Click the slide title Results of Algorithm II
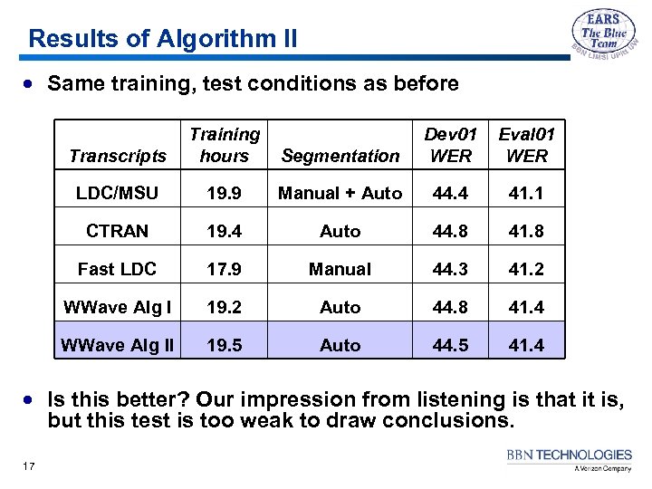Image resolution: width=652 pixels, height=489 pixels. tap(162, 39)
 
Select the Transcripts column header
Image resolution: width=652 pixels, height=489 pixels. tap(118, 156)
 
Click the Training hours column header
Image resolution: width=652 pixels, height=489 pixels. tap(225, 145)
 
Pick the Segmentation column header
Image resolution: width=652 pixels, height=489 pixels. tap(340, 156)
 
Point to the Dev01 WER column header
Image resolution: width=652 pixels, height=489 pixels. tap(451, 145)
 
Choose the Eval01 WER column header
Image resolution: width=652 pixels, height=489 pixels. tap(527, 145)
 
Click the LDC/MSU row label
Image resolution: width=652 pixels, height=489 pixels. tap(118, 193)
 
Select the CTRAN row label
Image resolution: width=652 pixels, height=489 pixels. tap(118, 231)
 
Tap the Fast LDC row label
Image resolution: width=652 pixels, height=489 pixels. tap(118, 269)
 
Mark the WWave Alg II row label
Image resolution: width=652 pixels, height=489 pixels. tap(118, 345)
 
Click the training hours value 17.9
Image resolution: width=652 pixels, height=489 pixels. tap(225, 269)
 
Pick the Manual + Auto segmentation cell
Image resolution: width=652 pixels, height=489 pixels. tap(340, 193)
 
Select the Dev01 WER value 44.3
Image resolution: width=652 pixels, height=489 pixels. tap(451, 269)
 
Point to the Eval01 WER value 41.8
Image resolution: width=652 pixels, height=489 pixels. tap(527, 231)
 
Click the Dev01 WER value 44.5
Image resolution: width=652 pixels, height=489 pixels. tap(451, 345)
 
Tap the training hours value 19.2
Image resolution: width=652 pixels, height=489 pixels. tap(225, 307)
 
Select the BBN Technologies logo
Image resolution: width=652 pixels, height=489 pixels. tap(570, 459)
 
